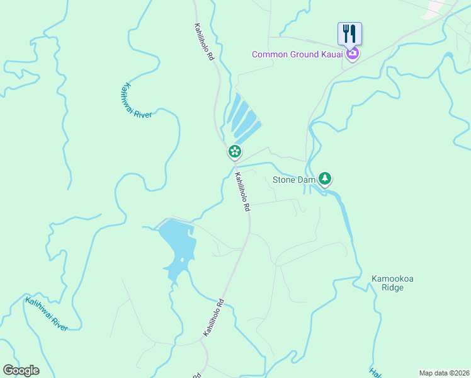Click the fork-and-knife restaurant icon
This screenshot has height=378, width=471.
[x=349, y=33]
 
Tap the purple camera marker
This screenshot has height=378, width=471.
[x=353, y=54]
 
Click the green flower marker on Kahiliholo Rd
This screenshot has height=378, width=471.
[x=234, y=151]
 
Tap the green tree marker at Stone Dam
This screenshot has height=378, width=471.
[x=325, y=179]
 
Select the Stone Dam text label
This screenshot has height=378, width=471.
[x=293, y=180]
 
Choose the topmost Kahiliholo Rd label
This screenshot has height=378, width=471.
[x=204, y=42]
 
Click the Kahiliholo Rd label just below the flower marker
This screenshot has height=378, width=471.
[x=242, y=192]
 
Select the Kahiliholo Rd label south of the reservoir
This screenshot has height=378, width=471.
[x=213, y=317]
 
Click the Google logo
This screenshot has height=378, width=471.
[x=21, y=370]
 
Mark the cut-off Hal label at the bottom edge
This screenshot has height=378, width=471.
[x=375, y=372]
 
